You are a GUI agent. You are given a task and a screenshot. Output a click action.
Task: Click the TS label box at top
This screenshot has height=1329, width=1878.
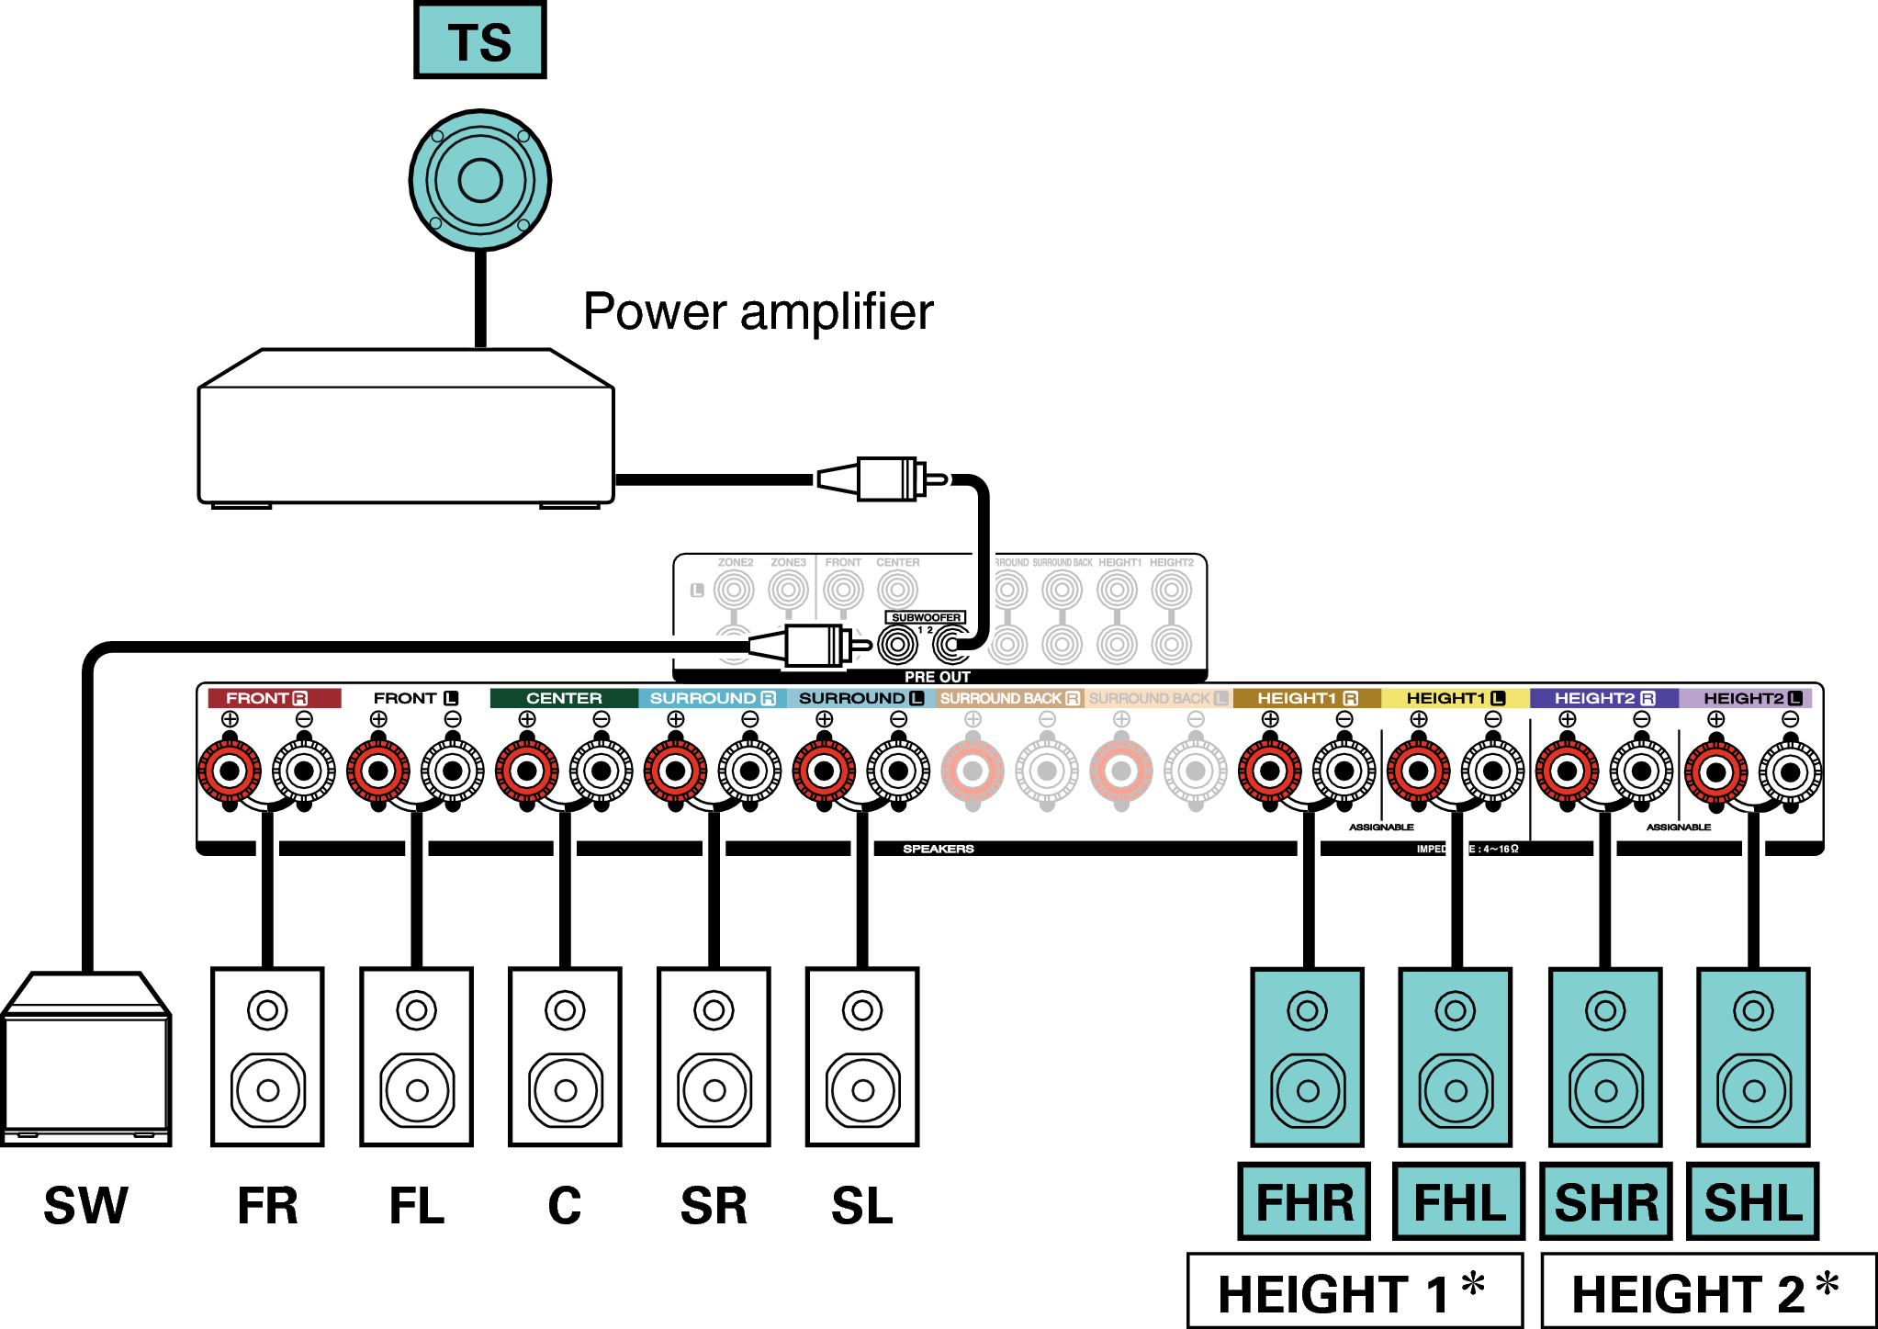(x=479, y=40)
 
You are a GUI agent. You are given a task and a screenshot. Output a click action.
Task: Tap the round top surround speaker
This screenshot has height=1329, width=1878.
(x=479, y=180)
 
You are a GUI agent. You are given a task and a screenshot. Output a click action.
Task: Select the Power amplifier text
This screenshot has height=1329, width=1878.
(x=758, y=312)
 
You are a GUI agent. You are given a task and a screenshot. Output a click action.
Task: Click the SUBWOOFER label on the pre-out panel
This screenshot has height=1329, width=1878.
(x=925, y=617)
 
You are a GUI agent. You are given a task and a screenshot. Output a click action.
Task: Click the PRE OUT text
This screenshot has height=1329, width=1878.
(x=937, y=677)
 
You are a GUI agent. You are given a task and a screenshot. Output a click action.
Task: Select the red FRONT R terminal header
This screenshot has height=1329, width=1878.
(x=274, y=698)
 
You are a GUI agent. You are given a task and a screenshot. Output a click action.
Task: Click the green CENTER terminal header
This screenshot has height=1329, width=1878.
(x=563, y=698)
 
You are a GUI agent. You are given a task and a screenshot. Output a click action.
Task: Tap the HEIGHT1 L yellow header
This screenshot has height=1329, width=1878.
(x=1455, y=698)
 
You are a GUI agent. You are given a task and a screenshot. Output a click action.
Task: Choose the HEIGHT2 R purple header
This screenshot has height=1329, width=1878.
(x=1603, y=698)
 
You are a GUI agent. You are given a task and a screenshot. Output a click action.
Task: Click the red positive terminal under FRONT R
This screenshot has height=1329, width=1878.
(x=230, y=771)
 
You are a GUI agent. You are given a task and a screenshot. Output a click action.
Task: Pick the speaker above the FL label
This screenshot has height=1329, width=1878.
(x=416, y=1056)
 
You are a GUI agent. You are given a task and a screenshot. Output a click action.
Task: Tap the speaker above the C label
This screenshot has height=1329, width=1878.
(x=565, y=1056)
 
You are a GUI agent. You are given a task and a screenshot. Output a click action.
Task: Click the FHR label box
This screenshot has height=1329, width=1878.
(x=1304, y=1201)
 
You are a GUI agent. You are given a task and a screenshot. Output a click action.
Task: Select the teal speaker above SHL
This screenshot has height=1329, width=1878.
(x=1753, y=1056)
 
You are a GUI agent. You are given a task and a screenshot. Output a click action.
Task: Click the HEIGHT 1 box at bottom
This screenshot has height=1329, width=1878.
(x=1355, y=1291)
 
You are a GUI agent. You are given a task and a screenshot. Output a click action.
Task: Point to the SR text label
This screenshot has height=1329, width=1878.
(x=714, y=1205)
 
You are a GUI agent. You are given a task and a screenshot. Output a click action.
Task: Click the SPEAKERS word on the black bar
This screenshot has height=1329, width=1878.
(x=938, y=849)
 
